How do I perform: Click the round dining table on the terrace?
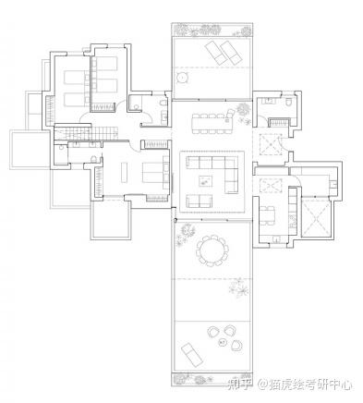point(212,250)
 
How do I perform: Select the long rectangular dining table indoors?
point(212,124)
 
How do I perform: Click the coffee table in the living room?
point(205,181)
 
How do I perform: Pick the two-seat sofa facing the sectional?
point(200,201)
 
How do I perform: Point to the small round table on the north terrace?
point(182,77)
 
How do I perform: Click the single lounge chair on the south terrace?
point(192,354)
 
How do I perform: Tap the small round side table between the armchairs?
point(223,342)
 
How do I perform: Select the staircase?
point(86,133)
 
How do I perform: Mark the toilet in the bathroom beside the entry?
point(288,102)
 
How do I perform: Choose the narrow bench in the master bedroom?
point(124,172)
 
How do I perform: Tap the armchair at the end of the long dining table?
point(230,114)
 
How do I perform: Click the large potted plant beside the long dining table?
point(243,109)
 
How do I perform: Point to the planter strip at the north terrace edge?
point(212,30)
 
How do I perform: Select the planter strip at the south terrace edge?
point(212,379)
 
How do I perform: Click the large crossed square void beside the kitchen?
point(317,218)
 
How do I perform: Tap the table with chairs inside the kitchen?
point(267,215)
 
